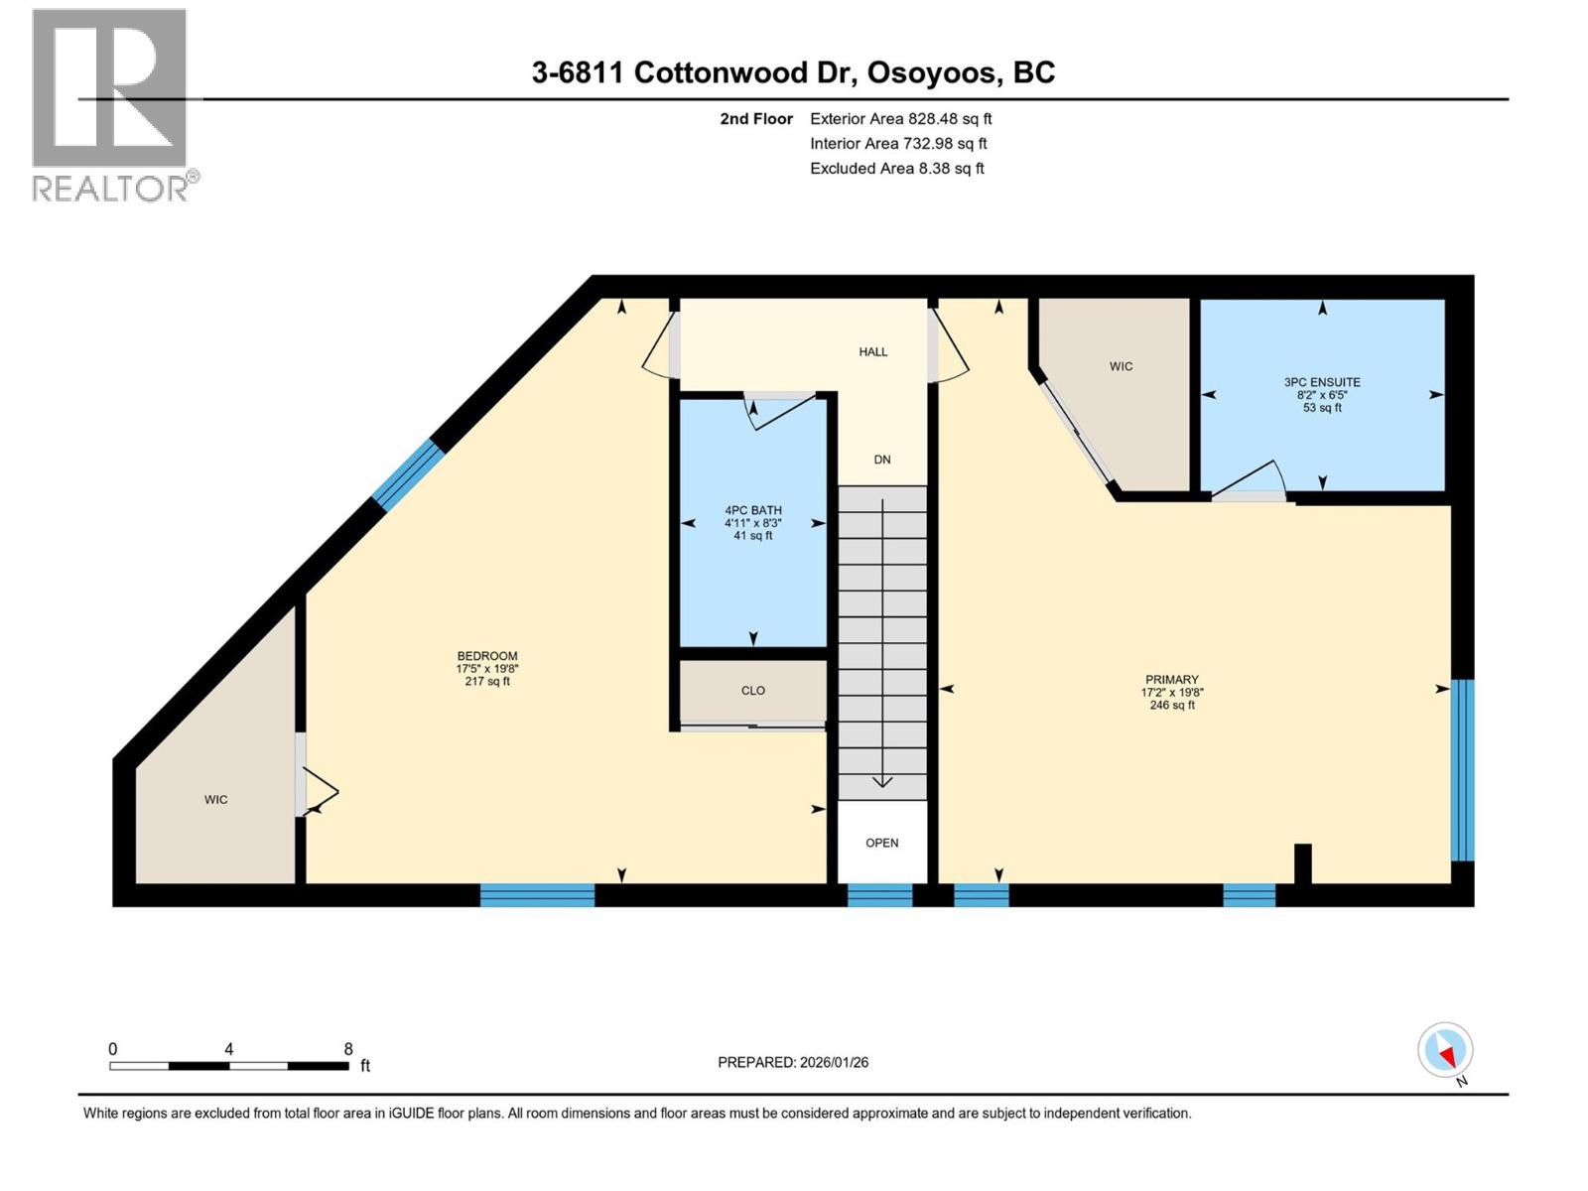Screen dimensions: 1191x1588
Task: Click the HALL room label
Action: point(873,351)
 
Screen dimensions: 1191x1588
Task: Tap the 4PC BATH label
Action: point(752,511)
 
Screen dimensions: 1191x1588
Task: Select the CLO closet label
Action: point(752,691)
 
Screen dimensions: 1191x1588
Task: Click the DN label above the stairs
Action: point(882,460)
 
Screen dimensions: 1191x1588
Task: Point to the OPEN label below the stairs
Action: point(881,843)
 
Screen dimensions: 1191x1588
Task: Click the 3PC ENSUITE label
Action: point(1322,382)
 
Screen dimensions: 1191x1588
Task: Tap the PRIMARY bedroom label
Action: point(1171,681)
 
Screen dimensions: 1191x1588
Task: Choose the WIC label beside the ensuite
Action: point(1121,367)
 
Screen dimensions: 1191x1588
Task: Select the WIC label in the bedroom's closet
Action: point(215,800)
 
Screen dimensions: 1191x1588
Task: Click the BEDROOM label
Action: point(486,656)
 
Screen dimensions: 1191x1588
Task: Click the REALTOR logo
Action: point(111,104)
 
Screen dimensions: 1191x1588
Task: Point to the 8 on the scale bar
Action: point(348,1049)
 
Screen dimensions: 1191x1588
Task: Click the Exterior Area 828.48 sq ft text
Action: point(900,119)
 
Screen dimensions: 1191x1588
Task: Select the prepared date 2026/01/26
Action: point(793,1062)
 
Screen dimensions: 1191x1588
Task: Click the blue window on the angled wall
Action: point(407,474)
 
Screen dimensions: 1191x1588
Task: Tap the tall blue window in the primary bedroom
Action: point(1462,769)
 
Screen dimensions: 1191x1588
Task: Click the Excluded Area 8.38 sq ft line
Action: point(896,169)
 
